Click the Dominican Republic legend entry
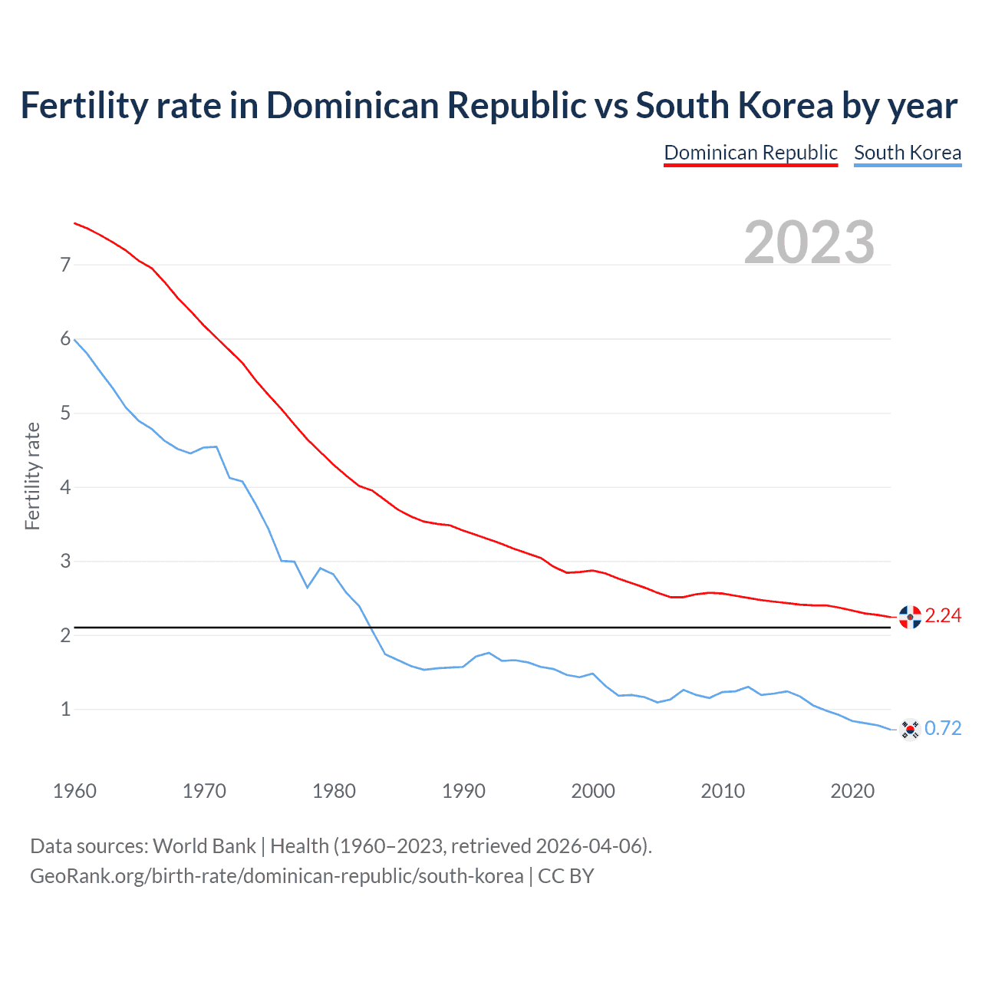click(x=750, y=153)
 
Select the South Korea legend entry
click(x=908, y=153)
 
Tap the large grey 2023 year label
click(x=809, y=242)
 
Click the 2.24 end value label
click(x=943, y=616)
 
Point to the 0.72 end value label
click(x=943, y=729)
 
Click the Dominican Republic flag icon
click(x=910, y=616)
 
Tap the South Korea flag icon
click(x=910, y=729)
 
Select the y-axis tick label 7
click(x=65, y=265)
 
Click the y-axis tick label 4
click(x=65, y=488)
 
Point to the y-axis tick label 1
click(x=65, y=710)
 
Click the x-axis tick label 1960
click(x=74, y=791)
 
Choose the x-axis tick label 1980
click(x=334, y=791)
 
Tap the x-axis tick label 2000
click(x=593, y=791)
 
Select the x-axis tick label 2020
click(x=852, y=791)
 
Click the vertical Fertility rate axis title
click(x=32, y=476)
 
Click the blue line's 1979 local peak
click(x=320, y=568)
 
